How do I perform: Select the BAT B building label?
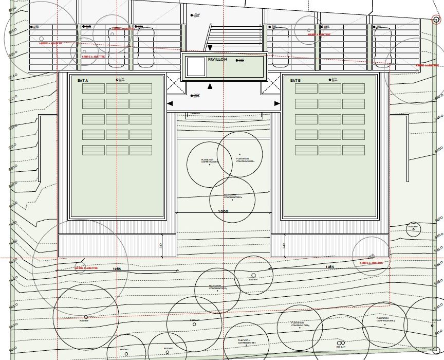pyautogui.click(x=294, y=81)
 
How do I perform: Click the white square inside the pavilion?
pyautogui.click(x=195, y=67)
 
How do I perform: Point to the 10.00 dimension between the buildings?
pyautogui.click(x=223, y=211)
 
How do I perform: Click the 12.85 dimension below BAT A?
pyautogui.click(x=117, y=268)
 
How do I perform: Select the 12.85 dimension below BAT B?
pyautogui.click(x=330, y=266)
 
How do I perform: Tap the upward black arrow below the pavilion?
pyautogui.click(x=210, y=86)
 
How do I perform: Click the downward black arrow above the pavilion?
pyautogui.click(x=210, y=48)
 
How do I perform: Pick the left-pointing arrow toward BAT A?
pyautogui.click(x=171, y=104)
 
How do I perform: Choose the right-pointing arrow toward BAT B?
pyautogui.click(x=277, y=104)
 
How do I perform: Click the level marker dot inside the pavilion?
pyautogui.click(x=237, y=61)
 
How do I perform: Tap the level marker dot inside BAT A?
pyautogui.click(x=119, y=80)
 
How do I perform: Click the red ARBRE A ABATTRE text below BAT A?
pyautogui.click(x=86, y=267)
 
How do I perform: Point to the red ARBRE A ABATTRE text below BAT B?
pyautogui.click(x=372, y=262)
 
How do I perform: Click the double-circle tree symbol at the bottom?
pyautogui.click(x=340, y=343)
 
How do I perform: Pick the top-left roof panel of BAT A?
pyautogui.click(x=94, y=88)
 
